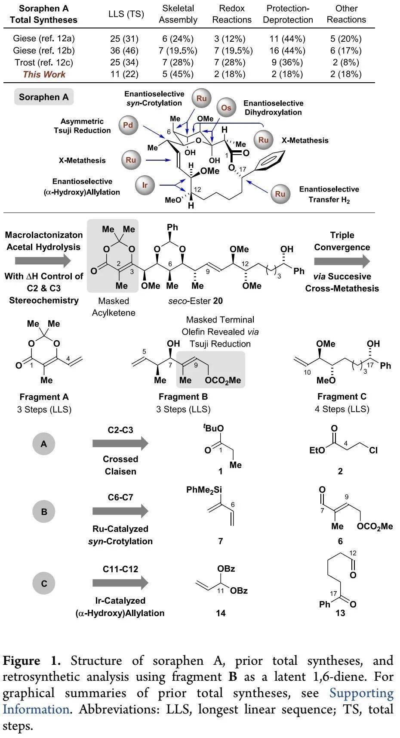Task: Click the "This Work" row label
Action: pos(44,74)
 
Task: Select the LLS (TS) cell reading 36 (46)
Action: pos(124,50)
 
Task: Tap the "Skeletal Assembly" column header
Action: pos(178,14)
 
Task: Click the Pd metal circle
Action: pos(128,126)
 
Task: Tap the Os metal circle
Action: pos(226,108)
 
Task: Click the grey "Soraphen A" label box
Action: pos(44,97)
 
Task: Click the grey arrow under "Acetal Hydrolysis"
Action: pos(43,261)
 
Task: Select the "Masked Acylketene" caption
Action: pos(114,307)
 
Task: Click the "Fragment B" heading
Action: pos(183,397)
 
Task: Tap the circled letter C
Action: pos(44,584)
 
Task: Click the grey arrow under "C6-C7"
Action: pos(120,511)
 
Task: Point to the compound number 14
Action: pos(221,613)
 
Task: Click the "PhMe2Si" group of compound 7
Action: pos(204,490)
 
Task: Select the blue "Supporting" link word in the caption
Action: pos(361,693)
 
